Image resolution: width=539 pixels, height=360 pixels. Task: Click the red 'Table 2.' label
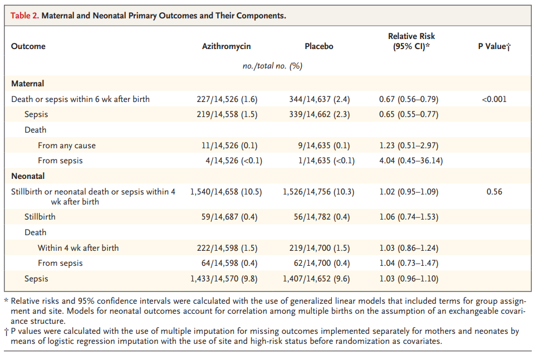[24, 16]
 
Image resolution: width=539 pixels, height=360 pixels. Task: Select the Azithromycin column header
[226, 46]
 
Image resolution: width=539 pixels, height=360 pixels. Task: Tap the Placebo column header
[318, 46]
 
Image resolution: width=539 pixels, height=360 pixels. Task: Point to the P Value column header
[494, 46]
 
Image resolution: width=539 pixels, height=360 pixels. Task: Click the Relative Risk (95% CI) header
[411, 41]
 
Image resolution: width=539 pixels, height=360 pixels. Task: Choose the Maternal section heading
[27, 84]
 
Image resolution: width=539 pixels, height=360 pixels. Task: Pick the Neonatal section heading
[28, 176]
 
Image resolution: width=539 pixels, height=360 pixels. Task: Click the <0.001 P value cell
[494, 99]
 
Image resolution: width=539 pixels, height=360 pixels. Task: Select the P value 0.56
[494, 192]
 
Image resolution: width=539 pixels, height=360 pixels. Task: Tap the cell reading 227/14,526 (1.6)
[227, 99]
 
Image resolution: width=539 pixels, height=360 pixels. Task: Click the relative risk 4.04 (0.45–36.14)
[411, 160]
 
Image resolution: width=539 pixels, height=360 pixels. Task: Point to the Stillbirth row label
[40, 217]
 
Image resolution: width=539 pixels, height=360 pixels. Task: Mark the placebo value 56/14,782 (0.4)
[321, 217]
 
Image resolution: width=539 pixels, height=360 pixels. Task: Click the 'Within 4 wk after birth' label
[78, 248]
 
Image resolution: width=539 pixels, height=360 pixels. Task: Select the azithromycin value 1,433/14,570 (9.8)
[224, 279]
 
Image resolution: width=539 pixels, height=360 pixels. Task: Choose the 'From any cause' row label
[67, 145]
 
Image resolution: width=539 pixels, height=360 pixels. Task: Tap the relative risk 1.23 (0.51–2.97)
[409, 145]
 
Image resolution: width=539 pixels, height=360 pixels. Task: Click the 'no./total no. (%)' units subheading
[272, 66]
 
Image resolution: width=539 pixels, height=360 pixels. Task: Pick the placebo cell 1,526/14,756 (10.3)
[318, 192]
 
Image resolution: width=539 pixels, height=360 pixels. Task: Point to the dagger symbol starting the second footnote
[7, 332]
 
